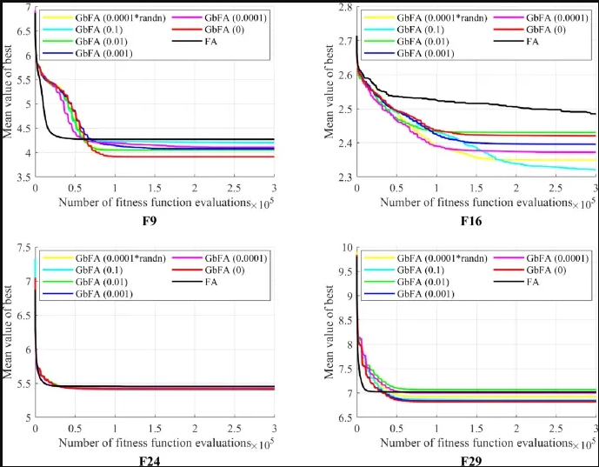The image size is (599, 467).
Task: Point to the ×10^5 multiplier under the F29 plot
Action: [586, 444]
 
